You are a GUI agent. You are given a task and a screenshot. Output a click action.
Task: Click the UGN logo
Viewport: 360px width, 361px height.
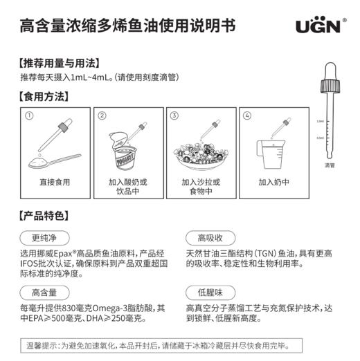(x=318, y=27)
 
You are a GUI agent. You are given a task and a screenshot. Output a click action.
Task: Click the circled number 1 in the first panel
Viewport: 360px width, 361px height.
(x=29, y=115)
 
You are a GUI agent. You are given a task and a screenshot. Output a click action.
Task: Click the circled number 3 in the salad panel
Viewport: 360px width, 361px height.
(x=174, y=115)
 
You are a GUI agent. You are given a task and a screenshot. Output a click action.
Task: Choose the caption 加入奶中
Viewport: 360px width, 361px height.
(x=273, y=183)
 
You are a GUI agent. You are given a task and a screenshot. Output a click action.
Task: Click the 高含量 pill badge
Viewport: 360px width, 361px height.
(x=44, y=291)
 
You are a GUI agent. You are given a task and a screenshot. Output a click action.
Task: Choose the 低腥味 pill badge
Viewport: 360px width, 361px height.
(x=210, y=291)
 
